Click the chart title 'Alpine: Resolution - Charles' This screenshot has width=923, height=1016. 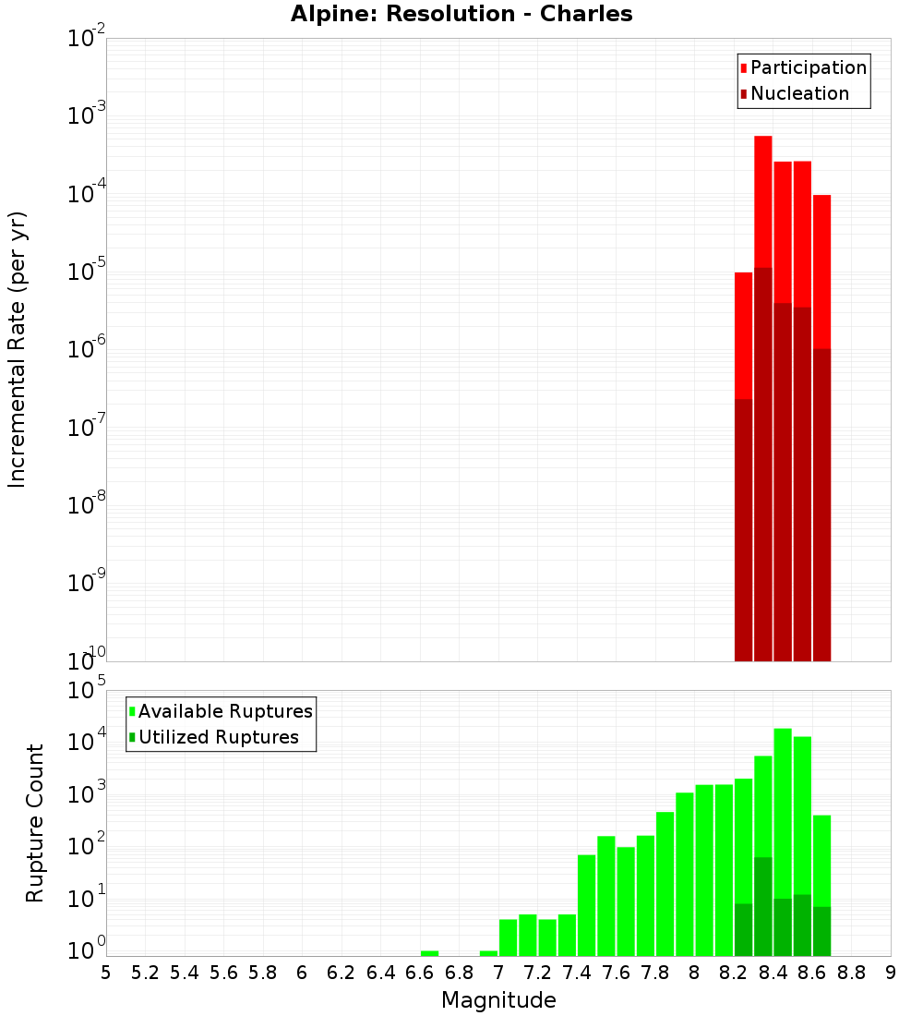coord(461,15)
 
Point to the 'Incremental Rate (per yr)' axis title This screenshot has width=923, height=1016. coord(18,349)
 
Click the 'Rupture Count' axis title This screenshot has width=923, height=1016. coord(35,823)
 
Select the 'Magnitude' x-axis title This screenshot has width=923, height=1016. coord(498,1000)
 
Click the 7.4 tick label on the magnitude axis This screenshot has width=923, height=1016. coord(577,973)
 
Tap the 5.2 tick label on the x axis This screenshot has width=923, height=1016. coord(146,973)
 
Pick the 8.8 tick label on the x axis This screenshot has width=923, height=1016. coord(851,973)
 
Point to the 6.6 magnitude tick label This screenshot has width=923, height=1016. coord(420,973)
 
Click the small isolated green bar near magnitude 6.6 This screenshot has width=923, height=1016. coord(429,953)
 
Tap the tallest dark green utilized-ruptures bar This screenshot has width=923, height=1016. coord(763,906)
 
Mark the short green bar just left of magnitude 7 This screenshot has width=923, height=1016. coord(488,953)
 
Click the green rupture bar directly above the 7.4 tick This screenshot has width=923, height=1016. coord(586,905)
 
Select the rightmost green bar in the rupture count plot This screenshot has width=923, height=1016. coord(821,859)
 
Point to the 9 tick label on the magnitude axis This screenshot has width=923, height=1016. coord(890,973)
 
